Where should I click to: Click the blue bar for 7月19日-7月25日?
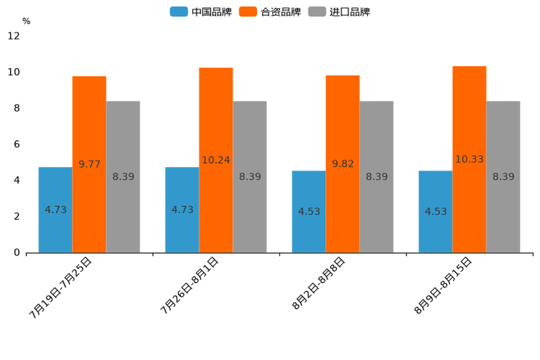(55, 210)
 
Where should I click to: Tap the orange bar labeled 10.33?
(470, 159)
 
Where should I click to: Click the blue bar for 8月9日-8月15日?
(435, 211)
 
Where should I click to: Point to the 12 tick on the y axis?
(14, 36)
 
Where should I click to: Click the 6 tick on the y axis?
(17, 144)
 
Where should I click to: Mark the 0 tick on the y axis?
(17, 253)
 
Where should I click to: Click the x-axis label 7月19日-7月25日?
(61, 287)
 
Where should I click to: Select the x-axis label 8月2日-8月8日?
(319, 284)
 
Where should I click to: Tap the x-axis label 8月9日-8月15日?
(443, 285)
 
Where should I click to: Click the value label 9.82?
(343, 164)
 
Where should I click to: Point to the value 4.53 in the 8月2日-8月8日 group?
(309, 212)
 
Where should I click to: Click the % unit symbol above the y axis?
(26, 21)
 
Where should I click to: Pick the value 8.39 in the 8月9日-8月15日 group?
(503, 176)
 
